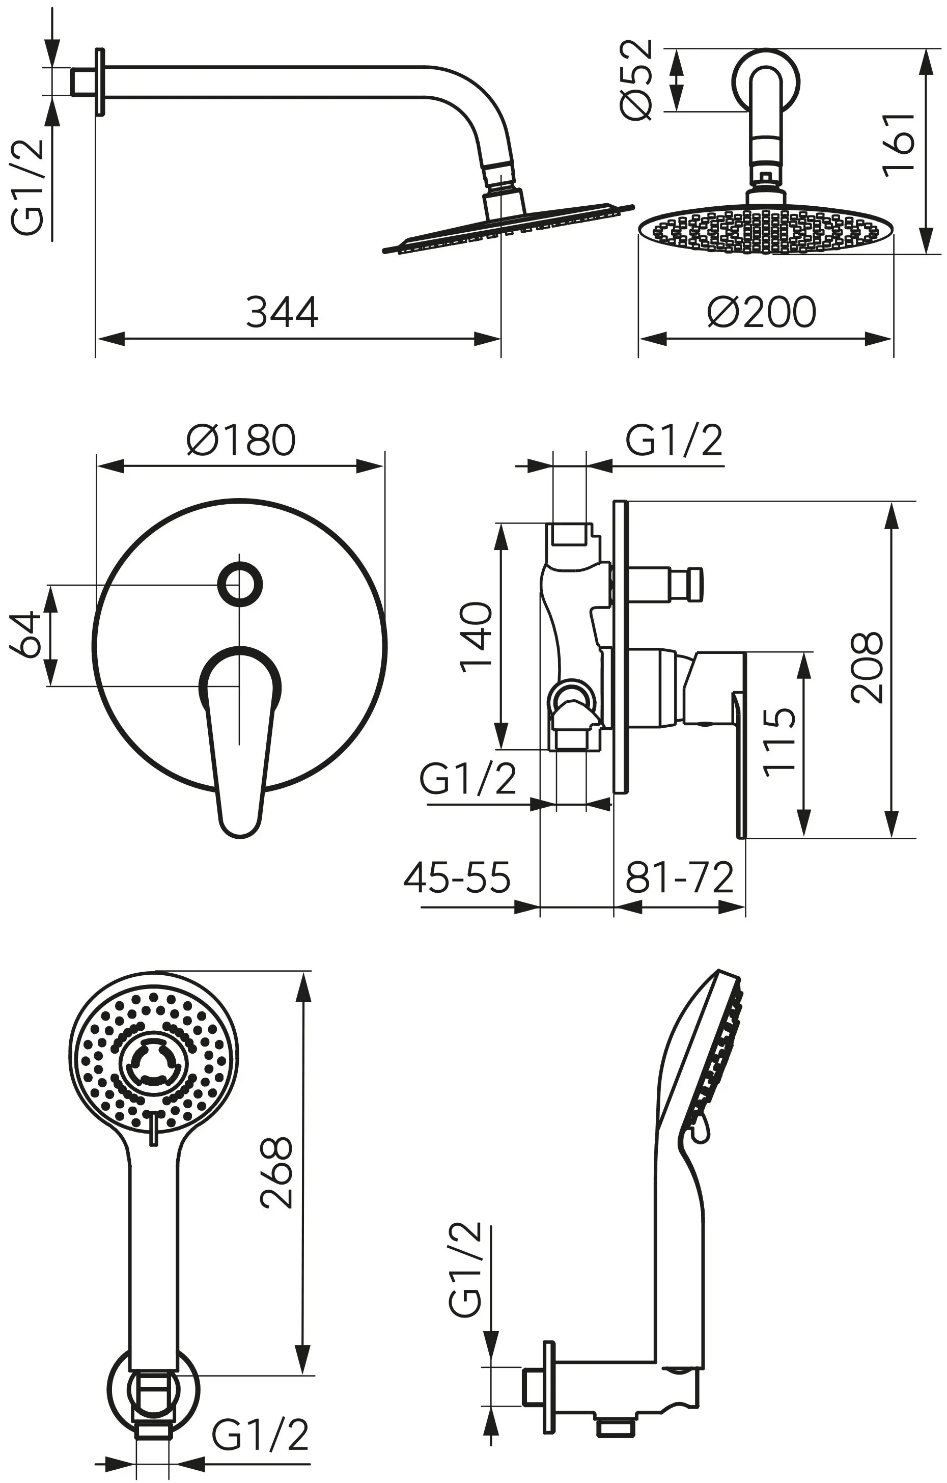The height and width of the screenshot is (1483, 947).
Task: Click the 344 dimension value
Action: [282, 312]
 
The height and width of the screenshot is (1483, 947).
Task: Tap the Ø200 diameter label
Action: [762, 312]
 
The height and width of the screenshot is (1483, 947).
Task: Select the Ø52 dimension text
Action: [636, 80]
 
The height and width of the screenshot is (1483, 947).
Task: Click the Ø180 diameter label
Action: [241, 441]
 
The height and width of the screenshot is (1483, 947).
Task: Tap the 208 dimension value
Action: [867, 668]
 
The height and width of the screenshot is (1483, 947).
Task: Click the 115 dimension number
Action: [779, 743]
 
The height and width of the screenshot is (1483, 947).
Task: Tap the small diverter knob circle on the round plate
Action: [240, 583]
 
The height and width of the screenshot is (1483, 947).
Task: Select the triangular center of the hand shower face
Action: [152, 1068]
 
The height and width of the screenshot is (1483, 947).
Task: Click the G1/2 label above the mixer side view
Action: [674, 441]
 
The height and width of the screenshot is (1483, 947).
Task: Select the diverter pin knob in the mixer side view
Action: [694, 583]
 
